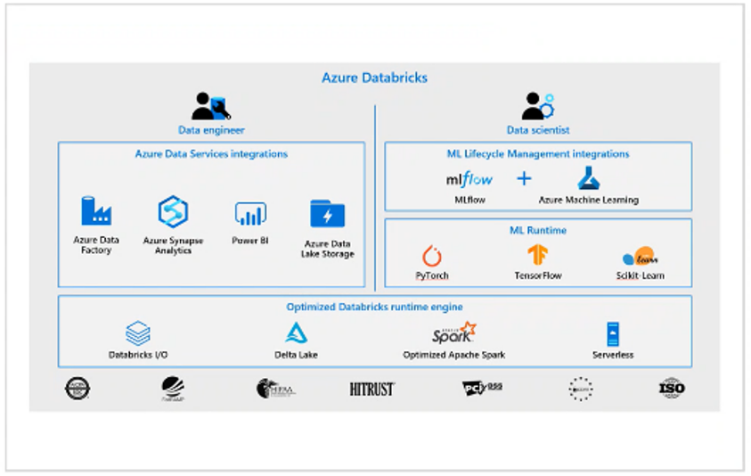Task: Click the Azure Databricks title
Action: tap(374, 78)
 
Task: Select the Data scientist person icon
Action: tap(537, 106)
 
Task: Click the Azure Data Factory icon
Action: tap(95, 210)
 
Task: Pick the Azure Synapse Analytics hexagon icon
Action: tap(173, 211)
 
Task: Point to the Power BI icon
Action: tap(250, 213)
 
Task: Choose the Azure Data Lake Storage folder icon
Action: tap(327, 214)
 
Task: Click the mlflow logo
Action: tap(469, 179)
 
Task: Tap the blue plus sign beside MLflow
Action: tap(524, 179)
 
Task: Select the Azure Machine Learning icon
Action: tap(588, 178)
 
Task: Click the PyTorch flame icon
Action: tap(432, 257)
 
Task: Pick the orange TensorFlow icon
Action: tap(537, 256)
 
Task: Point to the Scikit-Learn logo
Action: tap(639, 258)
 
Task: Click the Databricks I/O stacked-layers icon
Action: tap(138, 333)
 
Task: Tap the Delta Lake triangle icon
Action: tap(296, 332)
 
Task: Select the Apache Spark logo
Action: tap(453, 333)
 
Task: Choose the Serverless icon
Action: tap(613, 334)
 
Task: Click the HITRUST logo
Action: tap(371, 389)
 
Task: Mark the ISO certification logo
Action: tap(672, 388)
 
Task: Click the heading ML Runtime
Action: tap(537, 230)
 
